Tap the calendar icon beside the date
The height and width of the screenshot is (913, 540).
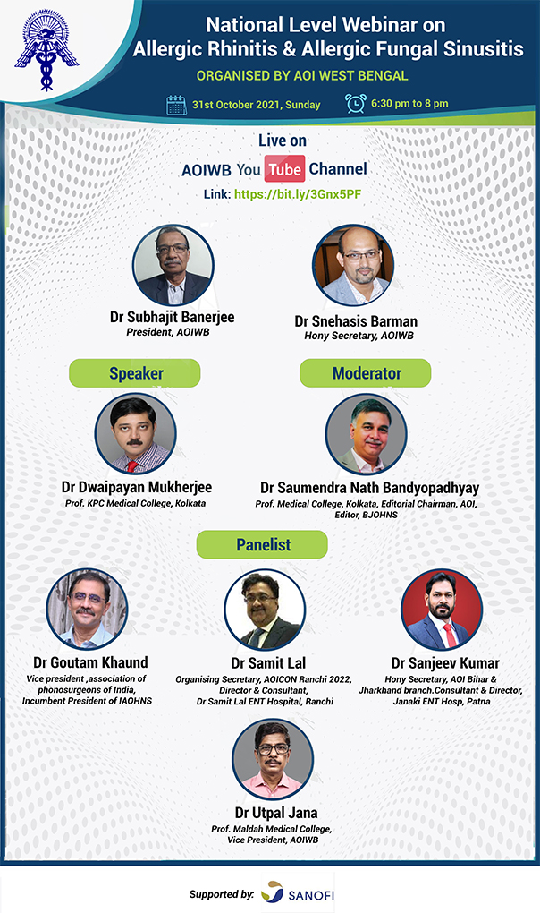[177, 105]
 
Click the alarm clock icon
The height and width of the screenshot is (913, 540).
[355, 103]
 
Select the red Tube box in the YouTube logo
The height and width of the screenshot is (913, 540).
[285, 169]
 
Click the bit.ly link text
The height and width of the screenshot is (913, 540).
[298, 194]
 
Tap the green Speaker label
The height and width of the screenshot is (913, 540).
[135, 373]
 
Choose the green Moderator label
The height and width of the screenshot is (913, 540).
[366, 373]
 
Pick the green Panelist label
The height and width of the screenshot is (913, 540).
[262, 544]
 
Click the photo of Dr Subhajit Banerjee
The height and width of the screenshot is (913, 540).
[173, 265]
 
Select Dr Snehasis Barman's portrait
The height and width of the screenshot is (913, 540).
[353, 265]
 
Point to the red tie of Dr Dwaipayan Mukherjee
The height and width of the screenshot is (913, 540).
[132, 465]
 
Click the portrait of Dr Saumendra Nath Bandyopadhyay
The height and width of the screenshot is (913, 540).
[367, 434]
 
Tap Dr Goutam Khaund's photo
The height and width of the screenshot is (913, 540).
[88, 609]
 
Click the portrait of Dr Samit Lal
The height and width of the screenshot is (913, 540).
[265, 610]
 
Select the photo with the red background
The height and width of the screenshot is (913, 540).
[442, 610]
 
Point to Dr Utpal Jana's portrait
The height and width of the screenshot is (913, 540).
[273, 759]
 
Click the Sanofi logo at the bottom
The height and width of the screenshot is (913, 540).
[298, 893]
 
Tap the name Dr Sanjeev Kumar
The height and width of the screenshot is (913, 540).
[445, 663]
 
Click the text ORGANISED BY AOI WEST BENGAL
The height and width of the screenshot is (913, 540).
[302, 76]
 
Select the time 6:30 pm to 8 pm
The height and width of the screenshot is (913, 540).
[409, 104]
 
